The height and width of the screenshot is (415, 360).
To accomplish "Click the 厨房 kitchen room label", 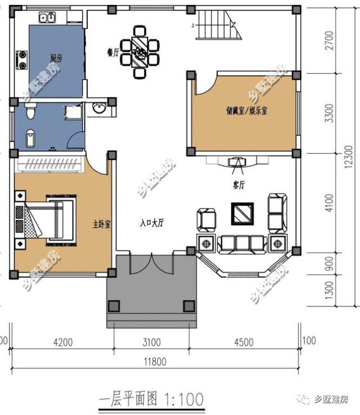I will point(56,58).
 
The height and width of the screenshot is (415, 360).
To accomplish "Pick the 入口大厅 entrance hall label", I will point(151,223).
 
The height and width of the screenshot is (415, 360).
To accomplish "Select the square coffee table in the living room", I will point(242,213).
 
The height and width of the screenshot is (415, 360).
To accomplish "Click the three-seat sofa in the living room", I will point(242,243).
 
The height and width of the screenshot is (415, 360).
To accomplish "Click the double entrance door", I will point(152,263).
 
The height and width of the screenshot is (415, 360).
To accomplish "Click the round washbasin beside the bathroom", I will point(100,108).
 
